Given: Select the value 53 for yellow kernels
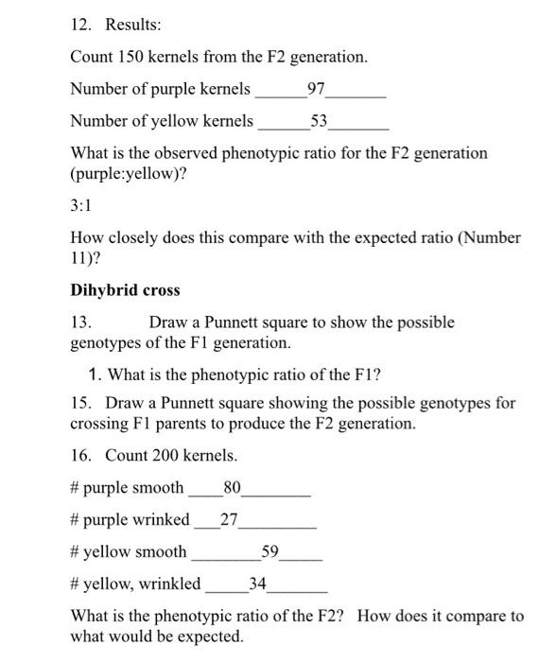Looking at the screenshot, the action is click(320, 121).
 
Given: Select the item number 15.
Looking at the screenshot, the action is click(82, 404).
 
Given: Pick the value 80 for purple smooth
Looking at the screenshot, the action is click(232, 488).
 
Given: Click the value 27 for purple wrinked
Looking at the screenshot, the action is click(229, 519).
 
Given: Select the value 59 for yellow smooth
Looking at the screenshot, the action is click(270, 551).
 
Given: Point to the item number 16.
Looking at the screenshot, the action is click(82, 456).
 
